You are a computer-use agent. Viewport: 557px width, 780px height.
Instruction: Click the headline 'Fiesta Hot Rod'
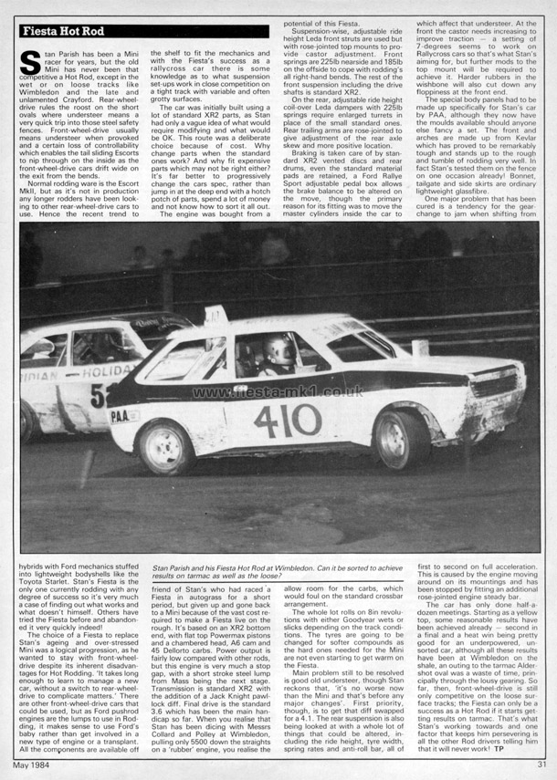(63, 32)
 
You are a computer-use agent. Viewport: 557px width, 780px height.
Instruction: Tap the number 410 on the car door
(289, 420)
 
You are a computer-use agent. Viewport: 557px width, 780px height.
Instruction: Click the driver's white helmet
(278, 349)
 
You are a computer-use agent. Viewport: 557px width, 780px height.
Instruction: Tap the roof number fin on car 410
(216, 316)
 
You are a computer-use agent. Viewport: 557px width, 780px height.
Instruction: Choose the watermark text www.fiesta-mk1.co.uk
(278, 391)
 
